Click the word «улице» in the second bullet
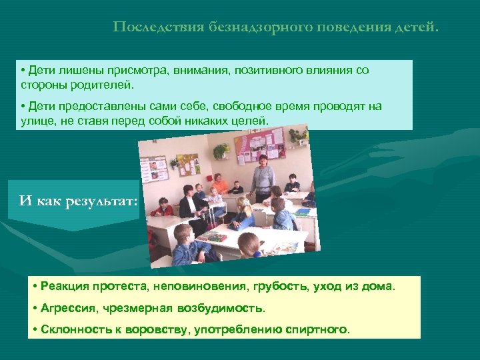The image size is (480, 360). point(35,121)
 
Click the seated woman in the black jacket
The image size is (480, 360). point(189,203)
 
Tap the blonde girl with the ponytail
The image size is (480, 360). point(244,213)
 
